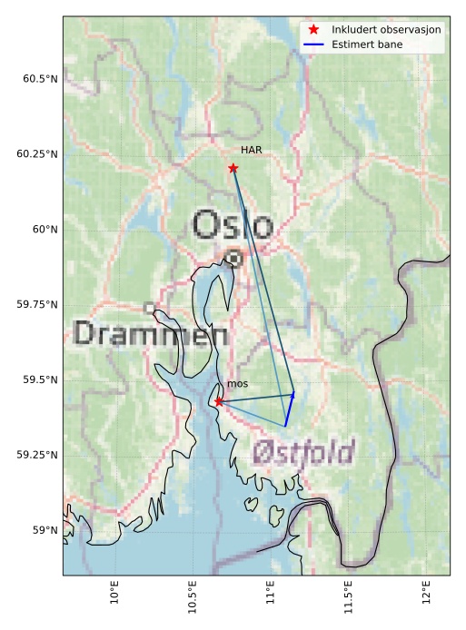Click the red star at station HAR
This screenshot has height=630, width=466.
233,168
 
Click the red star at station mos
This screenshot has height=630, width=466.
219,401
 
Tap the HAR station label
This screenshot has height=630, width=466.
252,150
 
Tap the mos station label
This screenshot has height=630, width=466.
237,384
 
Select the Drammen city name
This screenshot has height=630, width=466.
150,334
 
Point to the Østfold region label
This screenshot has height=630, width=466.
303,450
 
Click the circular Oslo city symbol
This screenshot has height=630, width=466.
234,258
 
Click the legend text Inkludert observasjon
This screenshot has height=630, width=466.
386,30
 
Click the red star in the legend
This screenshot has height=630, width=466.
314,30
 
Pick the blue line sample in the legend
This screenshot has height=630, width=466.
314,44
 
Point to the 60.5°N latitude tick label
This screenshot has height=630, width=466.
40,79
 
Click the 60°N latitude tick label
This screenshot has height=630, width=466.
45,230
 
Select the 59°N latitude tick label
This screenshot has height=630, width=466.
45,530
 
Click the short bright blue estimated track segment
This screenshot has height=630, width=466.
290,409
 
